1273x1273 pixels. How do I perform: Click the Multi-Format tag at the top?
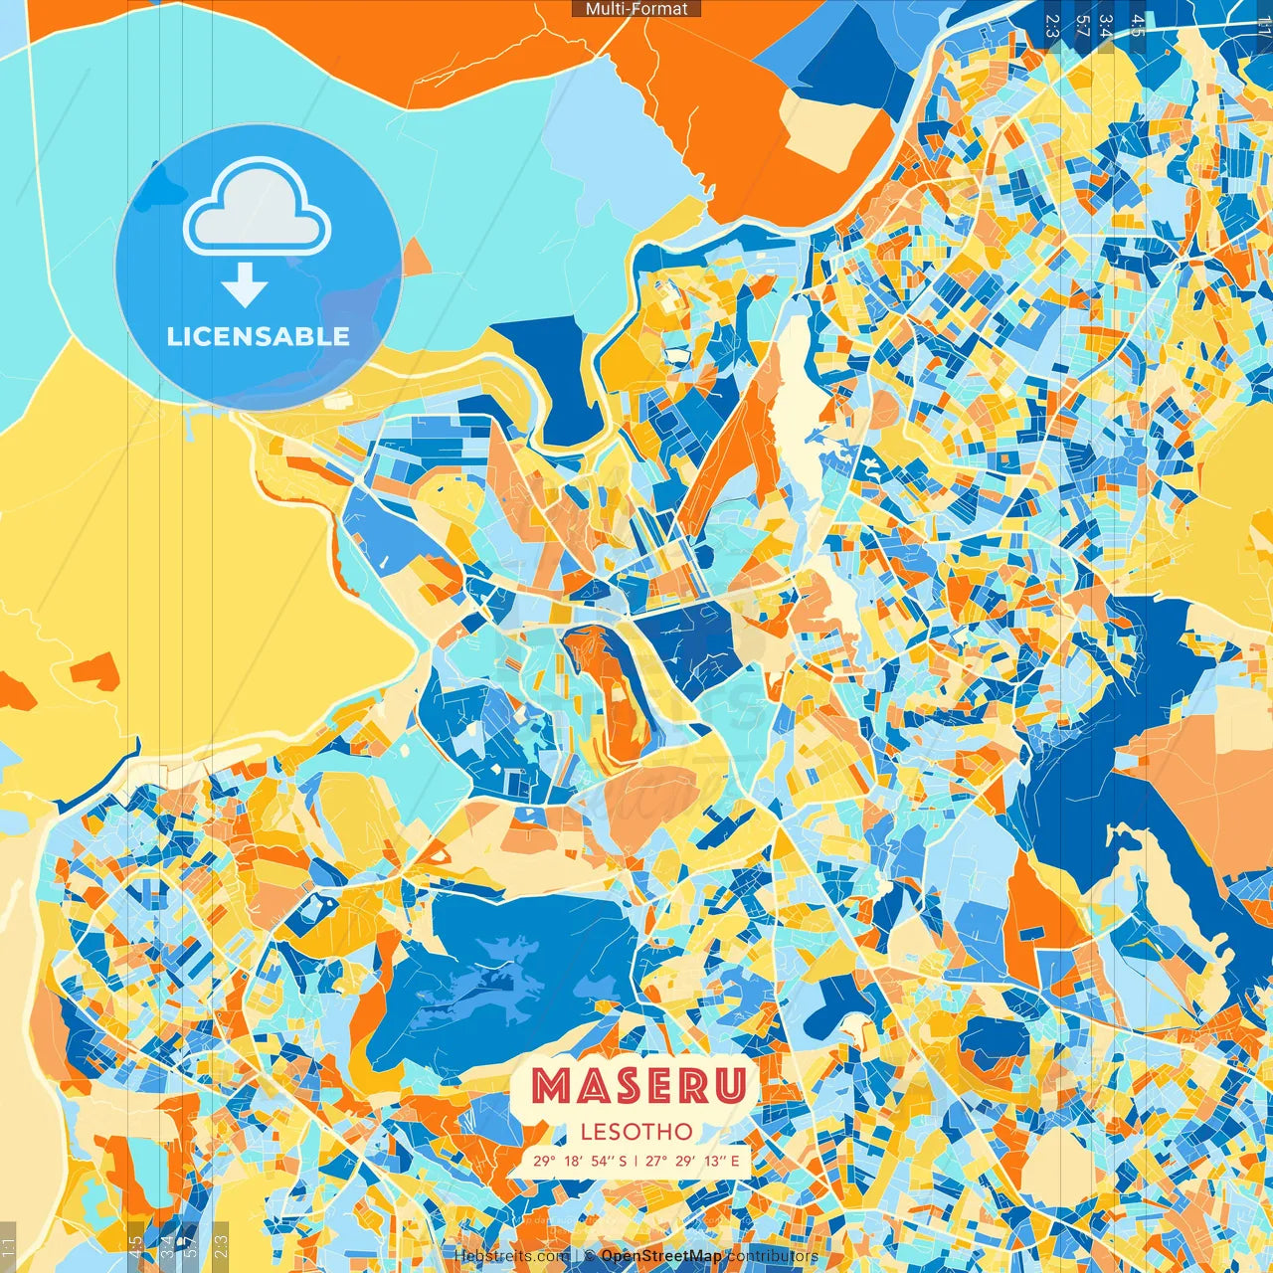[636, 9]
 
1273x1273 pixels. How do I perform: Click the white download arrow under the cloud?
[245, 285]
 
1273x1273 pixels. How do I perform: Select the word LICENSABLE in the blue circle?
[259, 336]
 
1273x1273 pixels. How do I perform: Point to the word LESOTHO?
[636, 1131]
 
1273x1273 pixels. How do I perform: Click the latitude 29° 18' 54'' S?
[580, 1161]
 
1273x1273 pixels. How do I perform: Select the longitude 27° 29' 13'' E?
[692, 1161]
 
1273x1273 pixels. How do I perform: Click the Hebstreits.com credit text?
[511, 1256]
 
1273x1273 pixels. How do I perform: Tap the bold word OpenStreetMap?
[661, 1256]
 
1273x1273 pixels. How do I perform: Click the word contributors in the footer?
[773, 1256]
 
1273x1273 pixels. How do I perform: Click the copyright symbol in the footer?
[589, 1256]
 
